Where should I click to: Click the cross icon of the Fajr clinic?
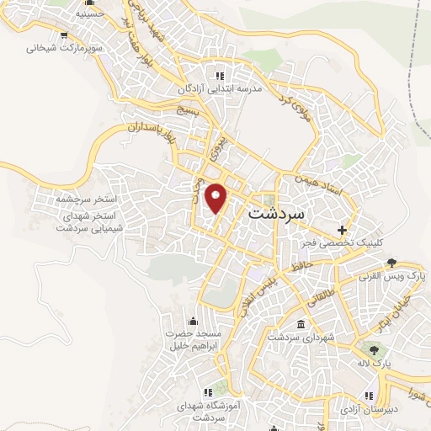(341, 229)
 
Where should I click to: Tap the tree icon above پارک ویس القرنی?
(391, 262)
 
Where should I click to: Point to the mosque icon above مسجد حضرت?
(194, 320)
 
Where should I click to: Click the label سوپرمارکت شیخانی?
(64, 49)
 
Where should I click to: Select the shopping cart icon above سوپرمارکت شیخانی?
(64, 35)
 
